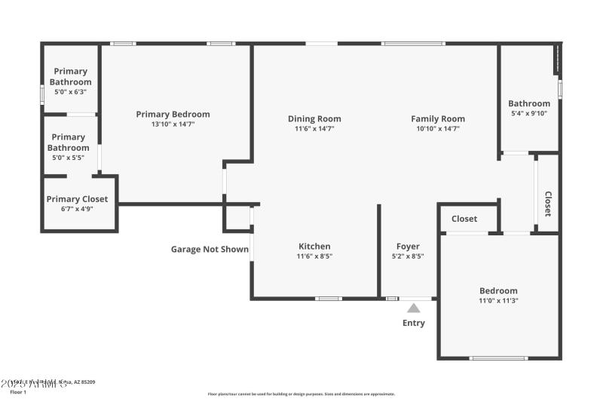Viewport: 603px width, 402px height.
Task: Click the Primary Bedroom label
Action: click(173, 114)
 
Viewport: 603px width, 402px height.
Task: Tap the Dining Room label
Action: click(314, 118)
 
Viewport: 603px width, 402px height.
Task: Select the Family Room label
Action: click(437, 118)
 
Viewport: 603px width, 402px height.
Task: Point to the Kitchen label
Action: click(314, 246)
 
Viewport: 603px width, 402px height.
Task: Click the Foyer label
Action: click(408, 246)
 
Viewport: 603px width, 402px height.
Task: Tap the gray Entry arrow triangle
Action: click(413, 307)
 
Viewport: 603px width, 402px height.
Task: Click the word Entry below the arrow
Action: click(413, 323)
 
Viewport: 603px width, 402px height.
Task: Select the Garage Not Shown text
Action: click(210, 249)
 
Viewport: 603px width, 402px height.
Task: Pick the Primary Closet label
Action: click(77, 199)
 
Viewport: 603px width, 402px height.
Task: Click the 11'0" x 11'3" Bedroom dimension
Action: click(498, 300)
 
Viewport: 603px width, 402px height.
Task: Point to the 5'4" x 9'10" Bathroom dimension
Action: click(528, 113)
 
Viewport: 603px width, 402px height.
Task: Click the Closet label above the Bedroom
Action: click(464, 219)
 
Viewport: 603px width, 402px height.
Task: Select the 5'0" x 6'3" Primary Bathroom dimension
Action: click(70, 91)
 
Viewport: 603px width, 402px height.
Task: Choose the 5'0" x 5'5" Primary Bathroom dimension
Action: click(68, 157)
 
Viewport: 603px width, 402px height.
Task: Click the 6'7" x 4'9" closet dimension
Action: click(77, 209)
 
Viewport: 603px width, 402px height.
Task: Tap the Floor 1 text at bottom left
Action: click(18, 392)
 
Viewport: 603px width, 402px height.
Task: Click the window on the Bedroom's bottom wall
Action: click(498, 358)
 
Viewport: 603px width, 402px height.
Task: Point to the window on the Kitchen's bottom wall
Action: click(329, 299)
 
